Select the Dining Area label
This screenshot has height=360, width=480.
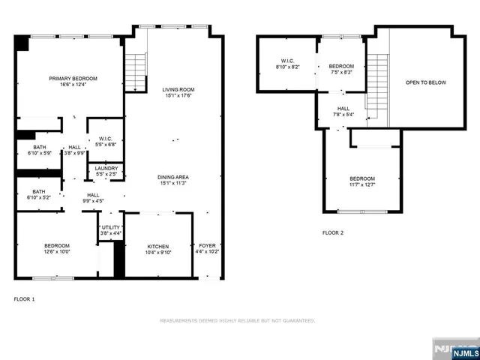173,178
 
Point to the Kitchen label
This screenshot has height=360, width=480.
157,249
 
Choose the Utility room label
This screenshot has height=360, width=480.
110,229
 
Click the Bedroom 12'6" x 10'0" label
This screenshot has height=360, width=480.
57,249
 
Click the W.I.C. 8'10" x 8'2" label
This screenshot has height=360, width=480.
288,64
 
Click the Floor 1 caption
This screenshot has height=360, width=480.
24,299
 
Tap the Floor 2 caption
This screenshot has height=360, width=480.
332,233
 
